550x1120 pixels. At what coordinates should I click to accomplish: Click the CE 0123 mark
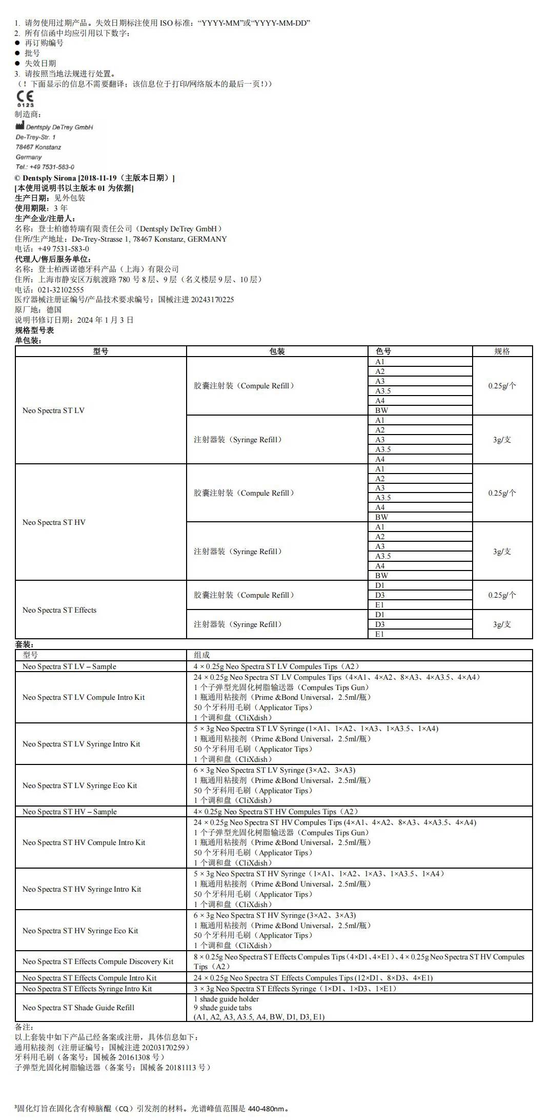pos(25,98)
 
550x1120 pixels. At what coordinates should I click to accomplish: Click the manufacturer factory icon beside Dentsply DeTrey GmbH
pos(19,126)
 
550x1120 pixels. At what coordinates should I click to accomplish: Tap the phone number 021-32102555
pos(60,289)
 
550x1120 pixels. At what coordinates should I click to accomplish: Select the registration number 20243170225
pos(212,300)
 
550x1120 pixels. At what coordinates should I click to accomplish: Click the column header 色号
pos(383,351)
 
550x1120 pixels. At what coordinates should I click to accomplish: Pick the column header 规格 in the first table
pos(502,351)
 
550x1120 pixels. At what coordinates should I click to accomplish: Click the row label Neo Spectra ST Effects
pos(59,610)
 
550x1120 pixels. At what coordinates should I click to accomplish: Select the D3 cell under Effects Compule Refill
pos(380,595)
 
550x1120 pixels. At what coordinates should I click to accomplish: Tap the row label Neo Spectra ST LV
pos(53,410)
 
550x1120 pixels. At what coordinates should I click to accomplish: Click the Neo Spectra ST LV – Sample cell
pos(69,666)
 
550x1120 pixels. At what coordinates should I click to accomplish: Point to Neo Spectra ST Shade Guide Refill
pos(78,1008)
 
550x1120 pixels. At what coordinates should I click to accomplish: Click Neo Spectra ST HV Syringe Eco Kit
pos(80,931)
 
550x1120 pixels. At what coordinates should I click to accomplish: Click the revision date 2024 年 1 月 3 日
pos(105,320)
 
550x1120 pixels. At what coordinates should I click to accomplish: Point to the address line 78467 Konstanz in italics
pos(38,147)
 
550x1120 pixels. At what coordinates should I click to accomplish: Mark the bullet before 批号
pos(17,53)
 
